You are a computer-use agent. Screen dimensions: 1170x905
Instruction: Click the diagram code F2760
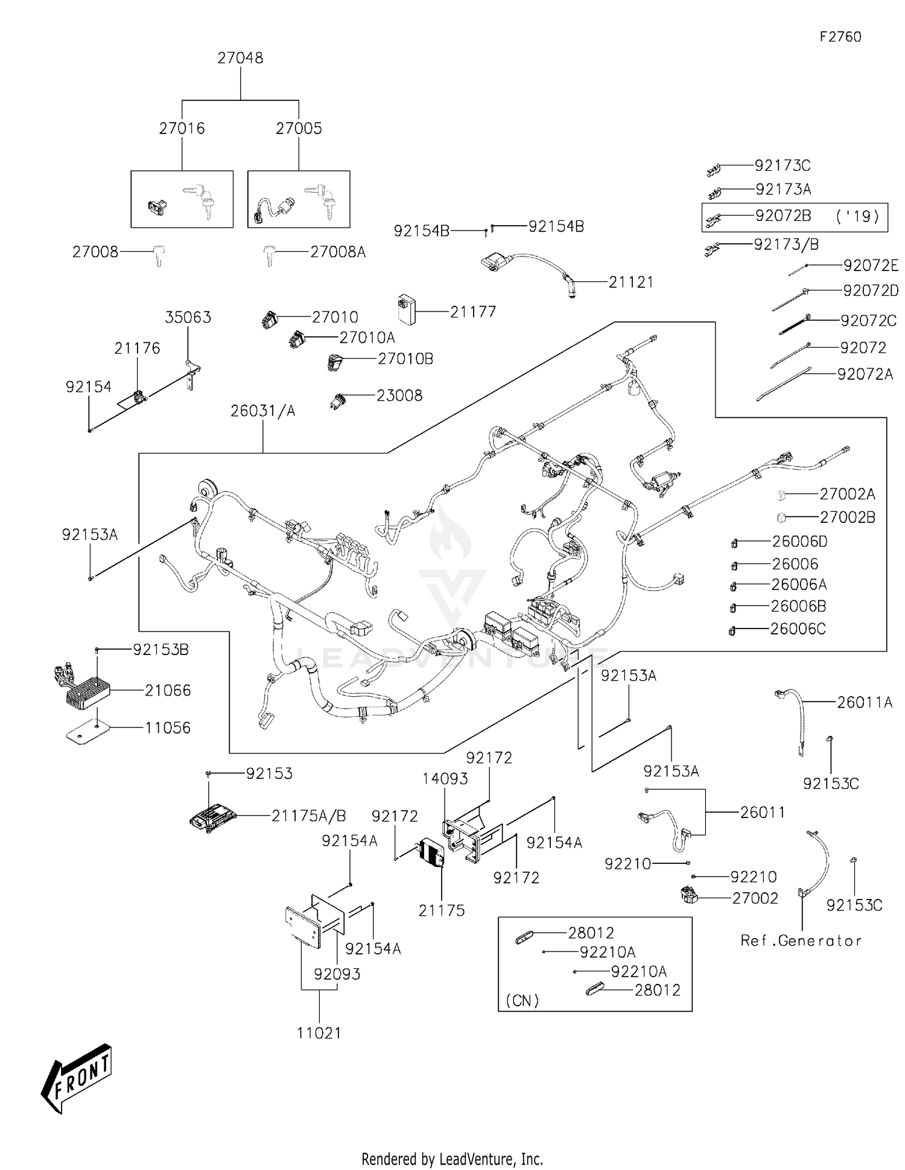click(x=840, y=37)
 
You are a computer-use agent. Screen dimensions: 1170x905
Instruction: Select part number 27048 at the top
click(x=240, y=58)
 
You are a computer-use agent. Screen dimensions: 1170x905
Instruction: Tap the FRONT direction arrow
click(x=77, y=1076)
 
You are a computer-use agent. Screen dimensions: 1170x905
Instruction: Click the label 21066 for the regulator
click(x=168, y=690)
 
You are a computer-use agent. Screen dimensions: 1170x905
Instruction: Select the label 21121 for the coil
click(x=630, y=282)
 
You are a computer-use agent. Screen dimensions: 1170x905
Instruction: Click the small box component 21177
click(x=407, y=310)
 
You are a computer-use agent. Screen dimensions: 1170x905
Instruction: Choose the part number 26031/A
click(x=263, y=411)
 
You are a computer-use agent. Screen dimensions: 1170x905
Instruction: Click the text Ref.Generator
click(x=801, y=941)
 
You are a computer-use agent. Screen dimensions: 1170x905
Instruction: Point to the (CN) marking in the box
click(x=522, y=1001)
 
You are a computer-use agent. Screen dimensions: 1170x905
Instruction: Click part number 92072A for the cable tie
click(x=865, y=374)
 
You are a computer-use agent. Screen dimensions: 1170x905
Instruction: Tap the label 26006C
click(x=798, y=629)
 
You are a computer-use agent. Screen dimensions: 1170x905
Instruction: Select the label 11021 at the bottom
click(x=319, y=1033)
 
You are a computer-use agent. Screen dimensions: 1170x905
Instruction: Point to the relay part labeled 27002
click(x=688, y=895)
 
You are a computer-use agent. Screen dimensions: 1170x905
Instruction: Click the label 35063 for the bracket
click(x=188, y=318)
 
